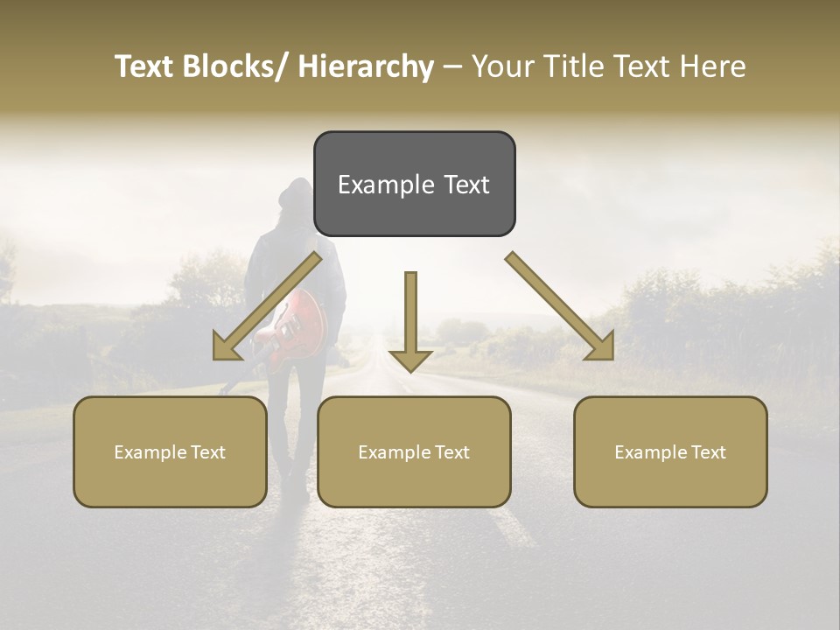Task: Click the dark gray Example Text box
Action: (x=414, y=184)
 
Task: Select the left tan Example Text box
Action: (x=170, y=451)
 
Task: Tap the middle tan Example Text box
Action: (x=414, y=451)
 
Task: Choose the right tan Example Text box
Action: (x=670, y=451)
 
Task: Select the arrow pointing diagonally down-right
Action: (x=560, y=306)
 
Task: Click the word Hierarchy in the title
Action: (x=366, y=66)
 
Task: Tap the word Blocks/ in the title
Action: (x=239, y=66)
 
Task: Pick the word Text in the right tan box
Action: (x=709, y=451)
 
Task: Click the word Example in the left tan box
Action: (x=150, y=452)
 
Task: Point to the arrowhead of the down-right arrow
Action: (x=601, y=348)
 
